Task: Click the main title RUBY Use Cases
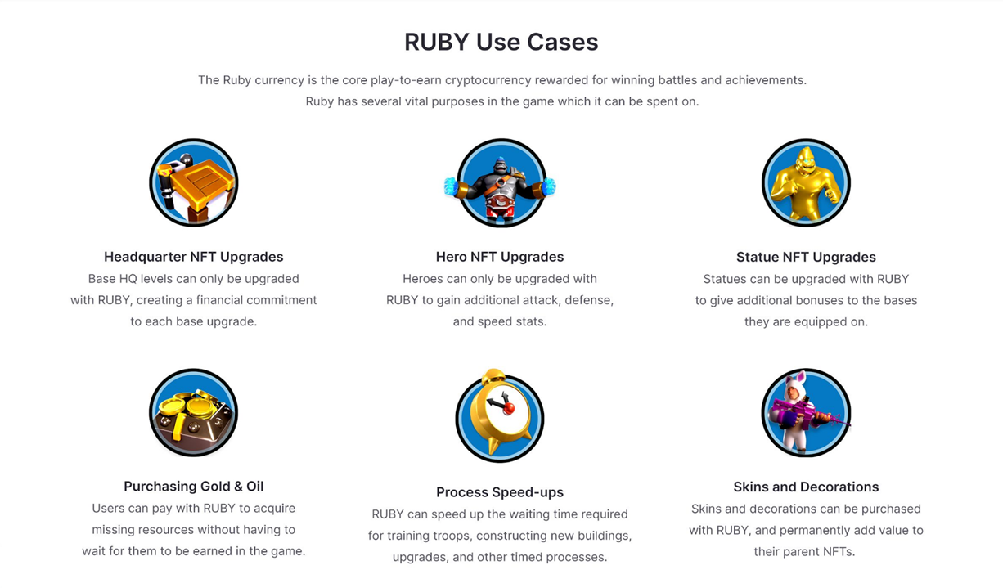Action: click(501, 42)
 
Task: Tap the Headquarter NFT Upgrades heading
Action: click(193, 257)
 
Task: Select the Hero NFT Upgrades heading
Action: click(499, 257)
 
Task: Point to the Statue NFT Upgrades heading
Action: click(806, 257)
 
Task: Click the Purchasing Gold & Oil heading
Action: click(193, 487)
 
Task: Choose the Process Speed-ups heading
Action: click(499, 492)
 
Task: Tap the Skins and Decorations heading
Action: click(806, 487)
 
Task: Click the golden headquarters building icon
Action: click(193, 182)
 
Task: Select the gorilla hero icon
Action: click(500, 184)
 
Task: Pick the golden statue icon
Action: click(806, 182)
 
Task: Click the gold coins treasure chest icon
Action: click(193, 413)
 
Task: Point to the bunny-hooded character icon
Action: click(806, 413)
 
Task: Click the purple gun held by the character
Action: click(810, 415)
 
